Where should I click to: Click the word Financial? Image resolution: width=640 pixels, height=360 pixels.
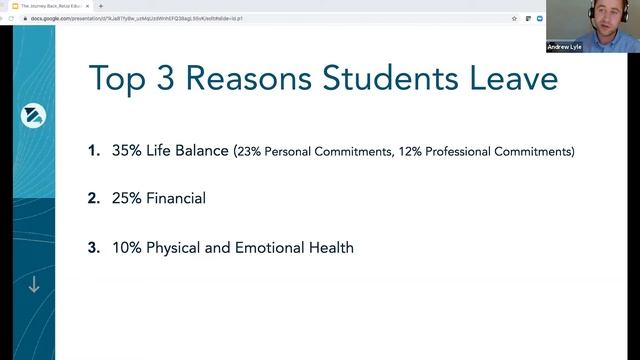pyautogui.click(x=176, y=198)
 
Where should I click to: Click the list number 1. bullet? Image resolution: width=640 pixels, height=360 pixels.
pyautogui.click(x=94, y=151)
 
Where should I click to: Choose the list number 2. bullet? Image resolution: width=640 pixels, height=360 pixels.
pyautogui.click(x=94, y=198)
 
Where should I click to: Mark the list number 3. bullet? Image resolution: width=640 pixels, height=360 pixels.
pyautogui.click(x=94, y=247)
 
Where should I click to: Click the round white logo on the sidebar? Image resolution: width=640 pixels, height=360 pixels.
pyautogui.click(x=33, y=116)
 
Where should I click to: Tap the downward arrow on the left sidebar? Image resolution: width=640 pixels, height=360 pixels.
pyautogui.click(x=33, y=285)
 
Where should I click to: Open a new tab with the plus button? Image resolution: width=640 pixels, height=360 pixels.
pyautogui.click(x=100, y=6)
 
